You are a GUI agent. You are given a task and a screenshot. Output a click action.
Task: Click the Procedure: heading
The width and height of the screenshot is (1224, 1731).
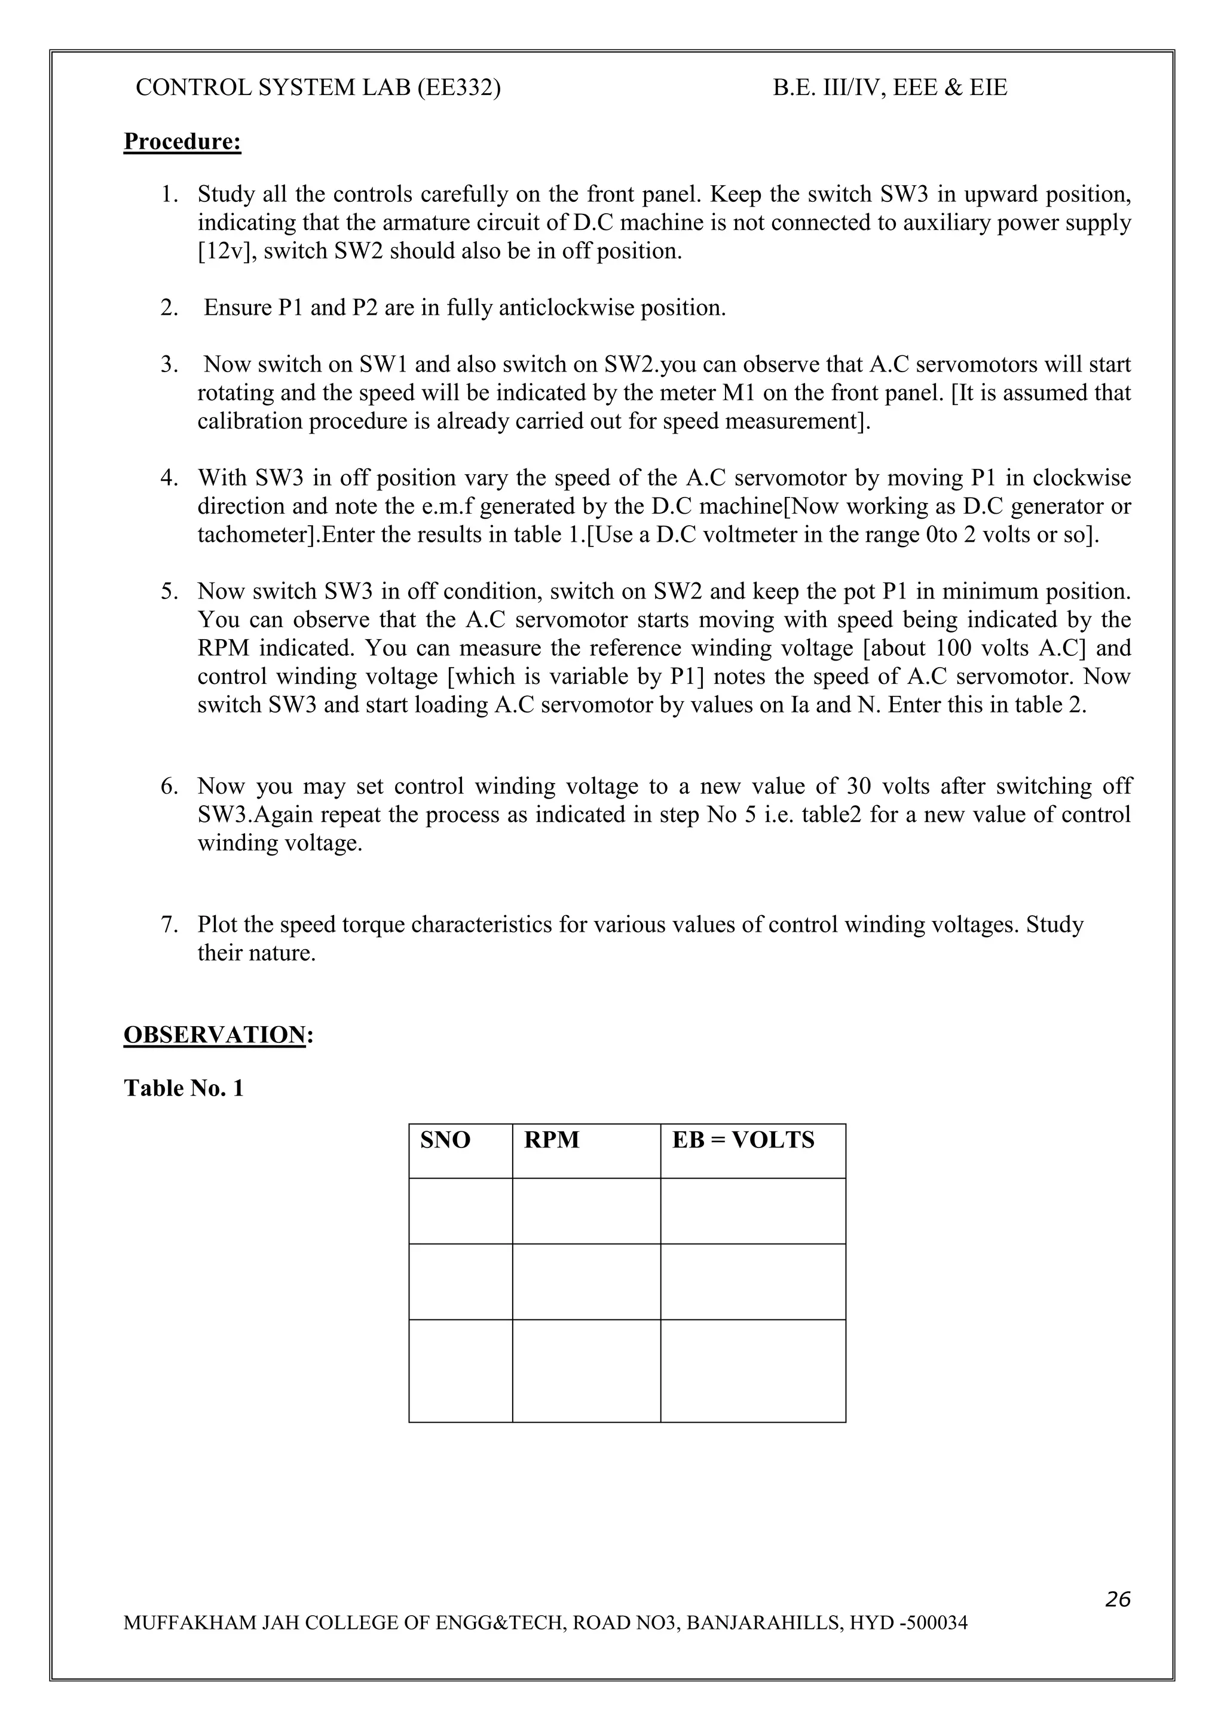point(182,142)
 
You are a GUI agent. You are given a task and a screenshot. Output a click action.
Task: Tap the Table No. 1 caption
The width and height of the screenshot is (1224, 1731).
point(183,1088)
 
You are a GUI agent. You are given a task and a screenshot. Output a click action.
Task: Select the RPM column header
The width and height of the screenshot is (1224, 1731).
point(551,1140)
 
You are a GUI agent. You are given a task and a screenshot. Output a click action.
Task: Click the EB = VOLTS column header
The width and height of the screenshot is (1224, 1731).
point(743,1140)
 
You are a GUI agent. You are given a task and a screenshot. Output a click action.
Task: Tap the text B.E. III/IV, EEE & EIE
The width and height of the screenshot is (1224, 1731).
point(889,88)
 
